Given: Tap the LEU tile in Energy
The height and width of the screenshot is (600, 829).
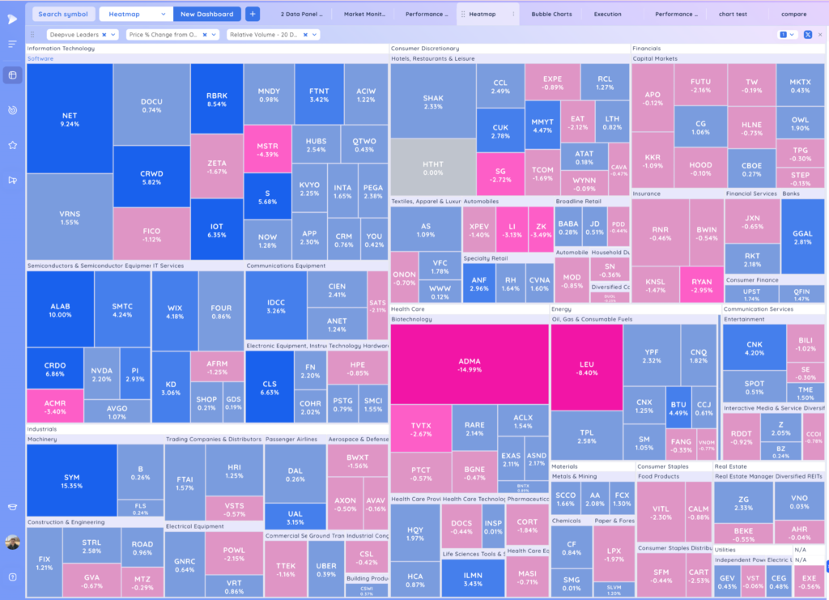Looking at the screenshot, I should tap(587, 368).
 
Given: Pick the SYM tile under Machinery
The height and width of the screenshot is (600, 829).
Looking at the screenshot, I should tap(71, 482).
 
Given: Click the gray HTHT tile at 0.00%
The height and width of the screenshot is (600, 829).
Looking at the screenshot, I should tap(432, 168).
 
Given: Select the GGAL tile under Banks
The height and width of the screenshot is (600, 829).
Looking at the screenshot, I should tap(802, 237).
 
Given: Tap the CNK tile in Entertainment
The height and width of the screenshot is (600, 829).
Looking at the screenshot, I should tap(755, 347).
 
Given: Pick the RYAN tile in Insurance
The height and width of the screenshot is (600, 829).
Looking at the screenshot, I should tap(701, 286).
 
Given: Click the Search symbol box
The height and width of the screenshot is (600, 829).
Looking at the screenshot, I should tap(62, 14).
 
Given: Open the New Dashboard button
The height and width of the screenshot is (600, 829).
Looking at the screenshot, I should tap(206, 14).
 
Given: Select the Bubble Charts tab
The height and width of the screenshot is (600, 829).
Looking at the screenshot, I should tap(551, 14).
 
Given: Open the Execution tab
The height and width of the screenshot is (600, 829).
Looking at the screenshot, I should tap(607, 14).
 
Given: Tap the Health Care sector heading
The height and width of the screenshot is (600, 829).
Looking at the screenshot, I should tap(408, 309).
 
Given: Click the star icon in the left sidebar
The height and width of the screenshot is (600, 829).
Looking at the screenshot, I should tap(12, 145).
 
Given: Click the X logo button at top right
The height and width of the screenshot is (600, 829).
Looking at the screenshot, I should tap(807, 35).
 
